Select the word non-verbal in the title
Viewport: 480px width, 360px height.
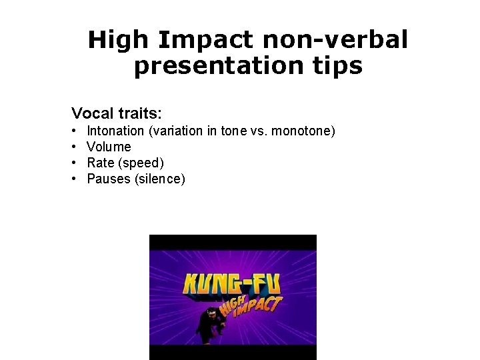pyautogui.click(x=335, y=41)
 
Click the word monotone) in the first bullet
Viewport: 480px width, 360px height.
pyautogui.click(x=305, y=131)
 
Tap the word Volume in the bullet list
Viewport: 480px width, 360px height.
pyautogui.click(x=109, y=147)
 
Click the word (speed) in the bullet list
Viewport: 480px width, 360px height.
pyautogui.click(x=141, y=163)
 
